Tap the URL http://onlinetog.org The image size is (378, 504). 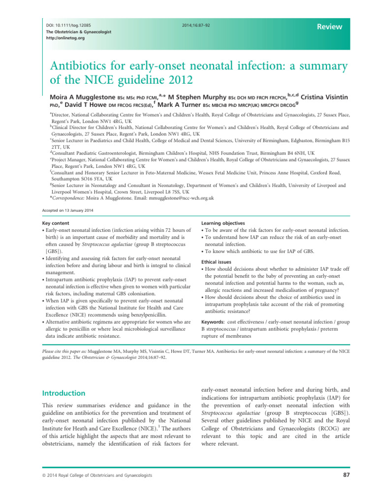coord(56,38)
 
